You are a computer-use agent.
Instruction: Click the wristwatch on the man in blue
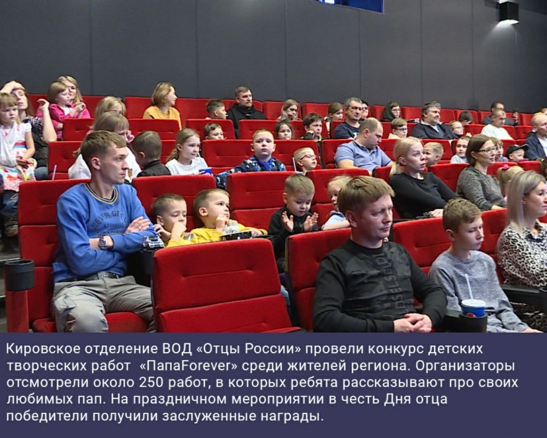click(x=103, y=242)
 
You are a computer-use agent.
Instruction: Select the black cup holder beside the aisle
click(x=20, y=275)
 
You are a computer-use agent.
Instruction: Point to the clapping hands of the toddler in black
click(x=299, y=221)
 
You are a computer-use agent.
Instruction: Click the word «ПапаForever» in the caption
click(x=188, y=366)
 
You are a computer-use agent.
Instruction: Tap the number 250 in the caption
click(x=152, y=383)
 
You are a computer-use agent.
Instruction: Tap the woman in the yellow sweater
click(x=162, y=103)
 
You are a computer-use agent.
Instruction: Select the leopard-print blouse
click(x=522, y=259)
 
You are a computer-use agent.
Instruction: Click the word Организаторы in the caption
click(x=465, y=366)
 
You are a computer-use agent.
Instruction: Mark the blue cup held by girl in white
click(x=206, y=171)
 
